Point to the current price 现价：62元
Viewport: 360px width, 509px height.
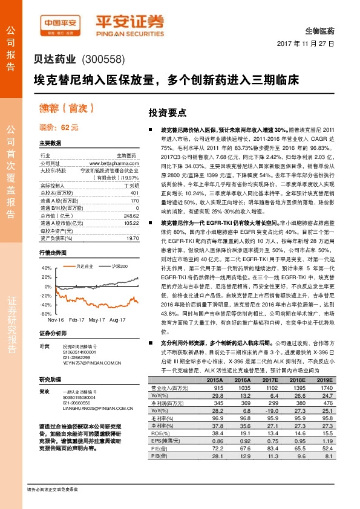[x=59, y=128]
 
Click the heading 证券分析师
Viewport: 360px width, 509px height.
[x=52, y=334]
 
